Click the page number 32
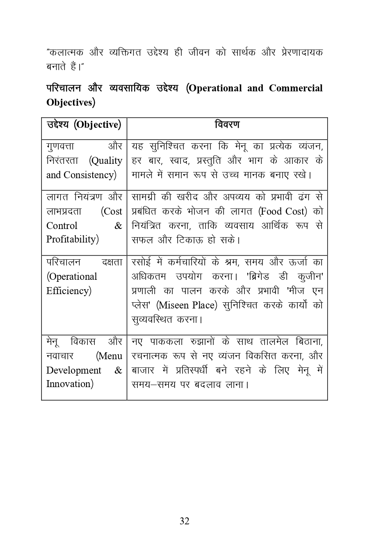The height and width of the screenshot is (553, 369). point(184,521)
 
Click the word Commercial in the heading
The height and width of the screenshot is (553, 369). point(296,88)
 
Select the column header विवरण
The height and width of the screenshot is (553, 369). point(227,125)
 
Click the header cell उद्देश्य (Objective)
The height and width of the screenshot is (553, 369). point(84,125)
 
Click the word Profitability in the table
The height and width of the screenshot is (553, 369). point(72,239)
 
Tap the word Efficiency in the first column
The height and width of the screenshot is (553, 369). point(68,291)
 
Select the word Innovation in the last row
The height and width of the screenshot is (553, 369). point(69,384)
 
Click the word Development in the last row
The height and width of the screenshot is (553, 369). point(74,370)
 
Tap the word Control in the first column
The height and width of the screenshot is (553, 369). point(62,226)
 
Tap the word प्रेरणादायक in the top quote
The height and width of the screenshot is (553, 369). point(302,52)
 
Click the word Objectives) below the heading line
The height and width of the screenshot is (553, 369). point(71,102)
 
